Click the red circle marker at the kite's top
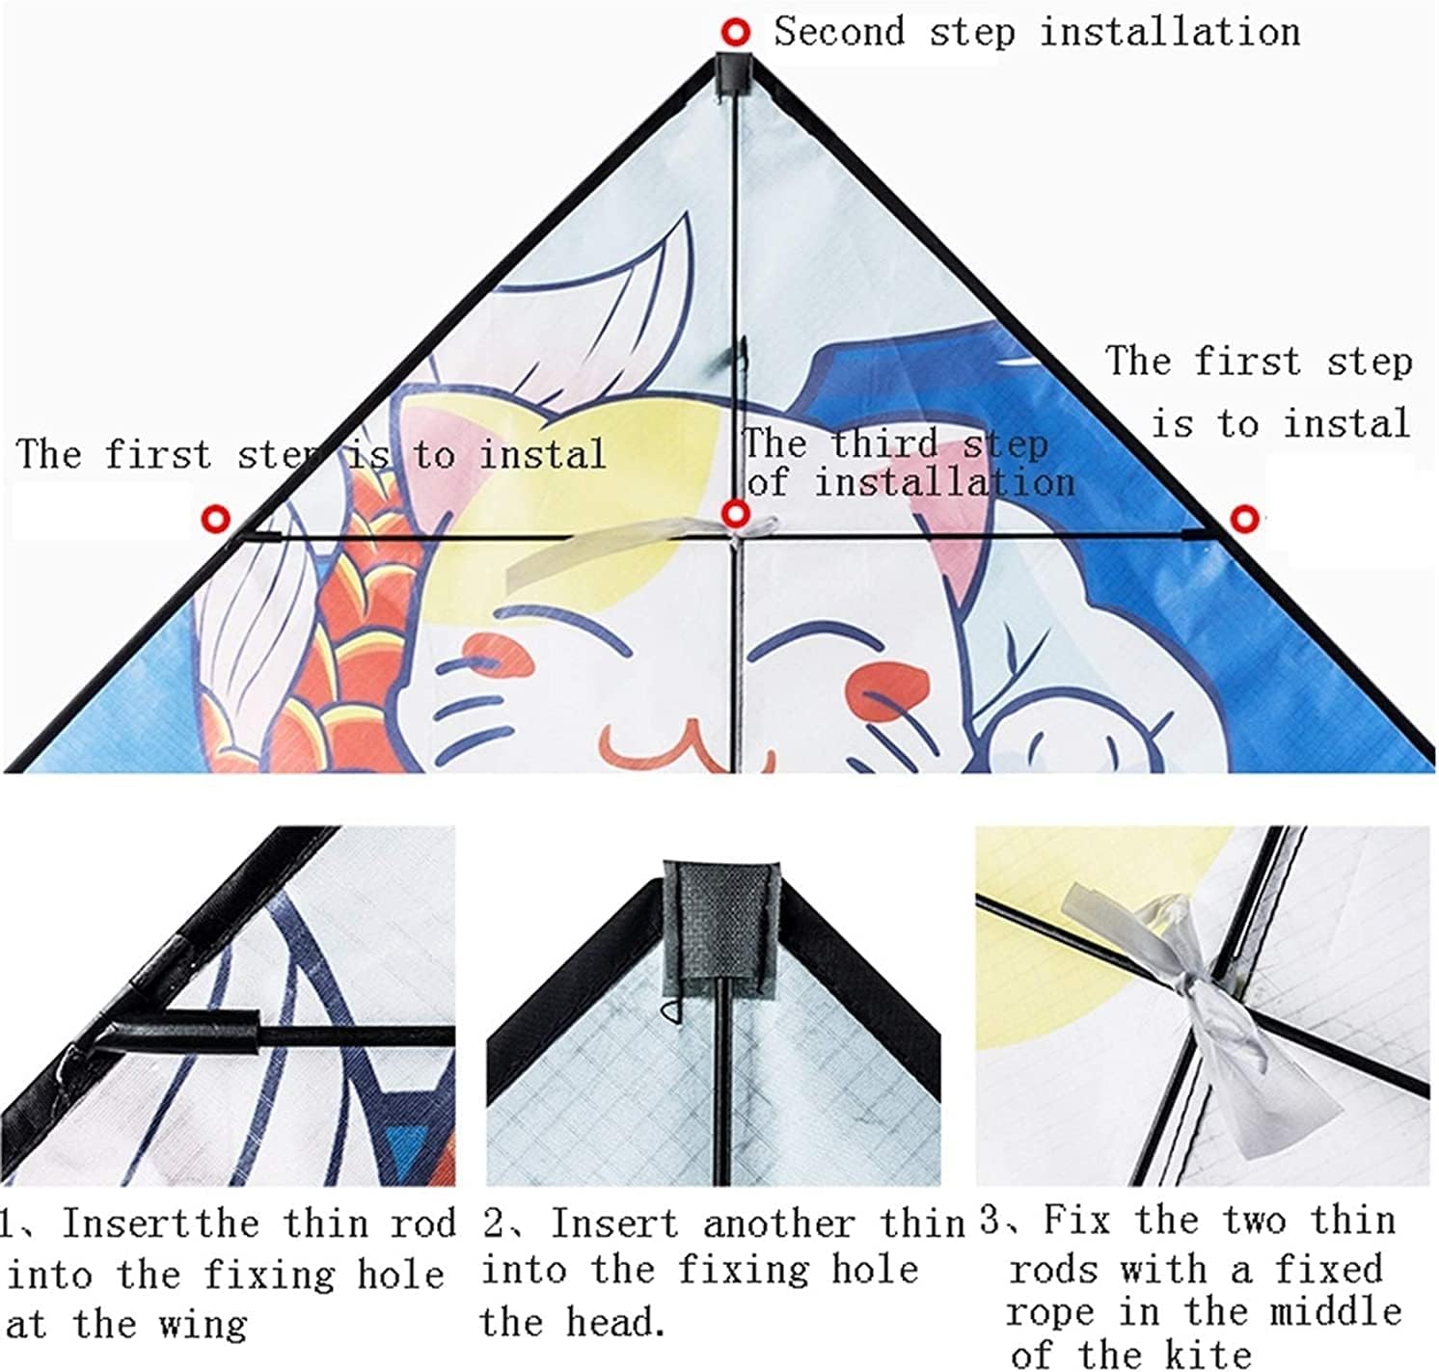coord(736,32)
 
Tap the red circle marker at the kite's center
coord(735,514)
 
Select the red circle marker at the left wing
coord(215,519)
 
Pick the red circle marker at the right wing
coord(1243,520)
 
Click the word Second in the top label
coord(839,32)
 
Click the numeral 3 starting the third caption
coord(990,1220)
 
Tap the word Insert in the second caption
coord(614,1224)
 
